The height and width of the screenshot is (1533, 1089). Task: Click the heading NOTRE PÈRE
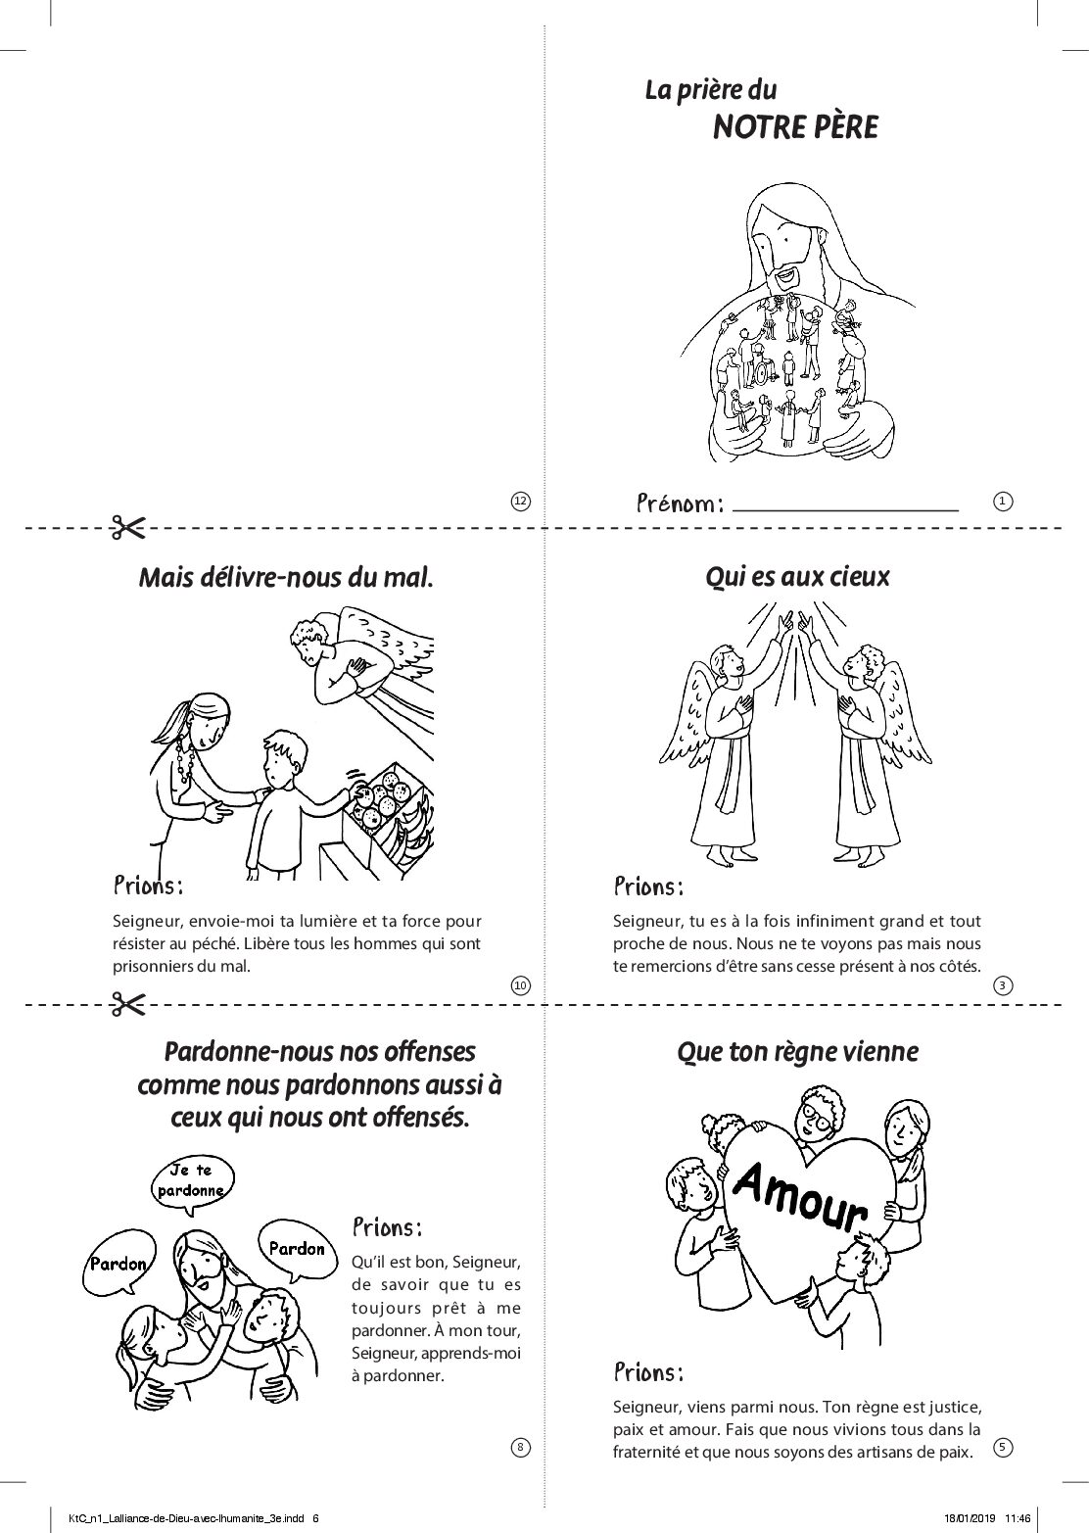pos(795,127)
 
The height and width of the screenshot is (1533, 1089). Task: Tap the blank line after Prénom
pos(845,510)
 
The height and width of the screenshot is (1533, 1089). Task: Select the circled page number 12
pos(521,501)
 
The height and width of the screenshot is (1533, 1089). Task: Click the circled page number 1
pos(1002,501)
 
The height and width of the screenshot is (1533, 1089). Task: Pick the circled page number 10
pos(521,985)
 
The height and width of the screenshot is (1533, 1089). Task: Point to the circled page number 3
pos(1002,985)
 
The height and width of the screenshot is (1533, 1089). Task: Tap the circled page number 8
pos(521,1447)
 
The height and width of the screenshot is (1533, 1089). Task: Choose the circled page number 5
pos(1002,1447)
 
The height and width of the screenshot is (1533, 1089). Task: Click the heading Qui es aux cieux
pos(797,577)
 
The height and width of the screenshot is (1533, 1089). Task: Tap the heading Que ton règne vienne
pos(797,1053)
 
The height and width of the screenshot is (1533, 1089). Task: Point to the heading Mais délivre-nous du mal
pos(286,578)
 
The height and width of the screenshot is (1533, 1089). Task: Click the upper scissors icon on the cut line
pos(128,528)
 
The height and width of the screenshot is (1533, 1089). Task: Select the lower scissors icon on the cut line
pos(128,1005)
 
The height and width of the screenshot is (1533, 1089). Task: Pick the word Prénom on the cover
pos(680,503)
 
